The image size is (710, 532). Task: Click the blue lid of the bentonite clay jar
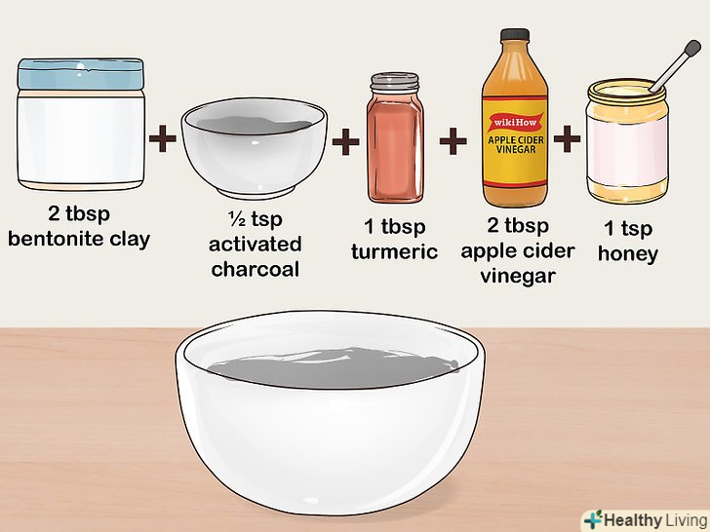[x=81, y=74]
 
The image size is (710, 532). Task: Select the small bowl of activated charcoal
[x=254, y=148]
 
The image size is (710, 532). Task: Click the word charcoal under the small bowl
[x=256, y=269]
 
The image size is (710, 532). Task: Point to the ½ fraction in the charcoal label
[x=237, y=219]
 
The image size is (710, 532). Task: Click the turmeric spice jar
[x=395, y=137]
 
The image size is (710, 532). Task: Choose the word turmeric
[x=394, y=252]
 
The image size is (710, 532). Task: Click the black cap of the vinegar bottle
[x=515, y=35]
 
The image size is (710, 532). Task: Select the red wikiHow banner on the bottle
[x=515, y=122]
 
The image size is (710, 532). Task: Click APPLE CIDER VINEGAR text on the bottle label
[x=516, y=144]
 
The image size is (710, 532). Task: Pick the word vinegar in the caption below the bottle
[x=518, y=276]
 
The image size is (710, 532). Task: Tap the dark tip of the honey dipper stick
[x=691, y=48]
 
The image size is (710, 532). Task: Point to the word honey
[x=628, y=254]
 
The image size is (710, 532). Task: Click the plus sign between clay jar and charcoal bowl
[x=163, y=138]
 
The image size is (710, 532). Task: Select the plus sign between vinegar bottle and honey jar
[x=567, y=139]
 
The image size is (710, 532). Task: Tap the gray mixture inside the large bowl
[x=333, y=367]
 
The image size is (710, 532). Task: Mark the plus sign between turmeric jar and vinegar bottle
[x=453, y=141]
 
